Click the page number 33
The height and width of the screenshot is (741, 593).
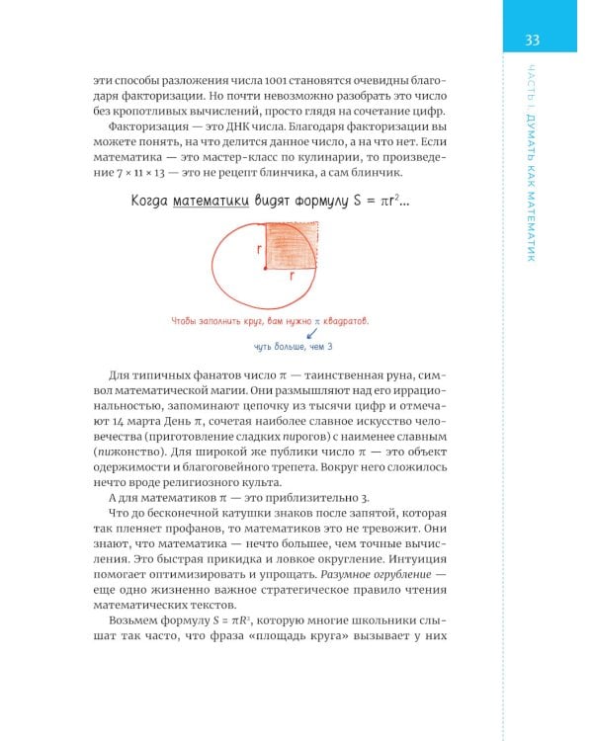532,40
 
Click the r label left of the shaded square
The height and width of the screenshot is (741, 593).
259,250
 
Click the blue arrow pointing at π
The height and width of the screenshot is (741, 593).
298,335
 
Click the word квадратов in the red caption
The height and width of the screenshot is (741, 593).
339,321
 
